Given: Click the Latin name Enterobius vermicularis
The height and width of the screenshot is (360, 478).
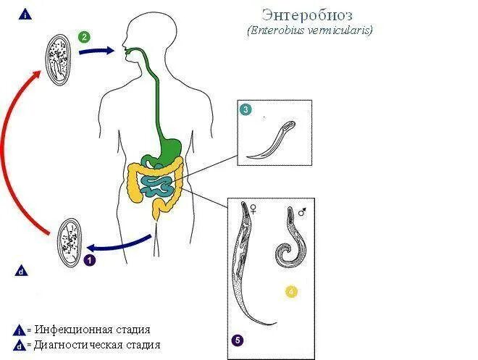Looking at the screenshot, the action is [309, 31].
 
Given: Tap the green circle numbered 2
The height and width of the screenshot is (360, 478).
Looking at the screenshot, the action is [85, 37].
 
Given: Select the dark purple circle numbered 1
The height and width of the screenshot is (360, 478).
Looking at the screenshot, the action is [89, 259].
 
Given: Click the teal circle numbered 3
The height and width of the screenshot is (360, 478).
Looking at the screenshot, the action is [246, 109].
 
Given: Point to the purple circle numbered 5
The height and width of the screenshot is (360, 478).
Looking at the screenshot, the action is [237, 339].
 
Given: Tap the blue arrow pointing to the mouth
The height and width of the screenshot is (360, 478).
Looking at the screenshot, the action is [100, 51].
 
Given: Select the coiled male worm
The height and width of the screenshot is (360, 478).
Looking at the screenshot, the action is [286, 239].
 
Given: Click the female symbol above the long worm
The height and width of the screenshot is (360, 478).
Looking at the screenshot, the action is [254, 208].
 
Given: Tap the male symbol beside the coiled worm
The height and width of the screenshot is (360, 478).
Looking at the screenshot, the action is [303, 212].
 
